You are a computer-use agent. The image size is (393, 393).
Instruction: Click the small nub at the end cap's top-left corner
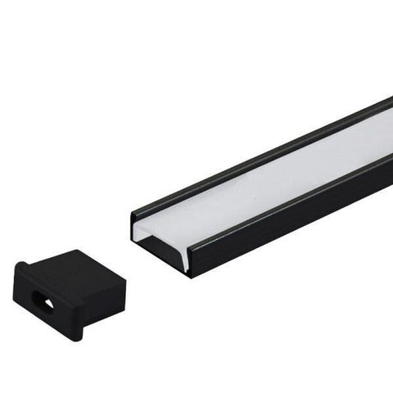(21, 264)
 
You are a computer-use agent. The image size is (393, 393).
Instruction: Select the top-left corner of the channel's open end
(133, 214)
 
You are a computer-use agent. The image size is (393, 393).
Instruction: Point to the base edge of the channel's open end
(160, 258)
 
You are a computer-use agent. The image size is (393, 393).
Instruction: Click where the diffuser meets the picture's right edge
(390, 131)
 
